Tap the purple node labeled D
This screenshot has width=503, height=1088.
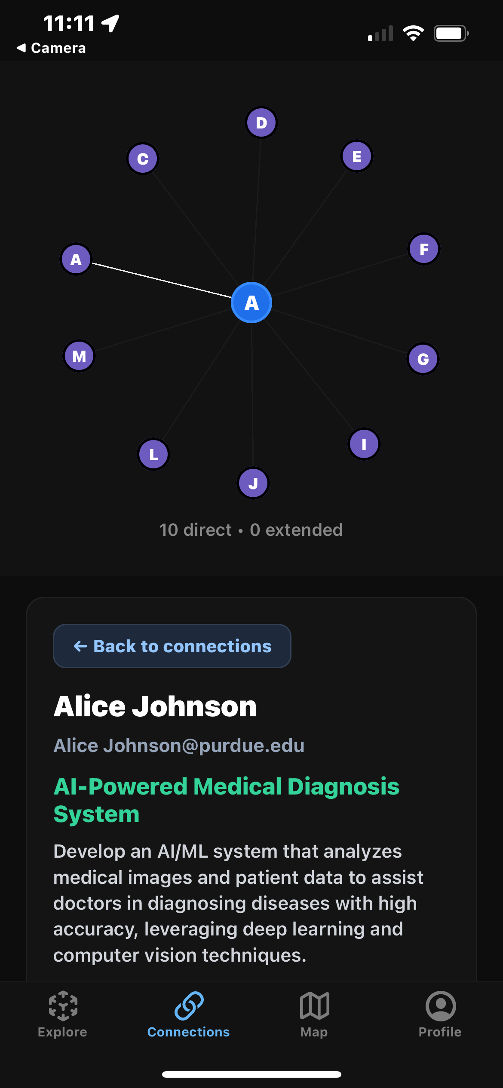point(261,122)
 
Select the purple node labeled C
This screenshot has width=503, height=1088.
point(143,159)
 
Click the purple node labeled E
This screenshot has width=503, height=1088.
point(357,156)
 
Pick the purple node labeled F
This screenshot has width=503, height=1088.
point(424,249)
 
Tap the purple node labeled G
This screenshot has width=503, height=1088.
point(423,359)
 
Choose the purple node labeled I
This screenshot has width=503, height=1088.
point(364,444)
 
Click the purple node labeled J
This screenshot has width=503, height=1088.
point(253,483)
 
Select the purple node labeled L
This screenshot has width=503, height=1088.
point(153,454)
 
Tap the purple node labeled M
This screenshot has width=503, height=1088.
point(79,356)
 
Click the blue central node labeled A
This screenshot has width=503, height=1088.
point(252,303)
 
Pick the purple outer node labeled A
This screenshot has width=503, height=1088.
point(76,259)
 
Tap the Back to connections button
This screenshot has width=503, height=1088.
point(172,646)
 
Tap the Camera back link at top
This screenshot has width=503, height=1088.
point(52,48)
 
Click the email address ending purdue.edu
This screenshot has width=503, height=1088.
point(179,746)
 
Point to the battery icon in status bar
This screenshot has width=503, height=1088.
point(451,33)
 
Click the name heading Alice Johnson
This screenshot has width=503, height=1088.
point(155,706)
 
